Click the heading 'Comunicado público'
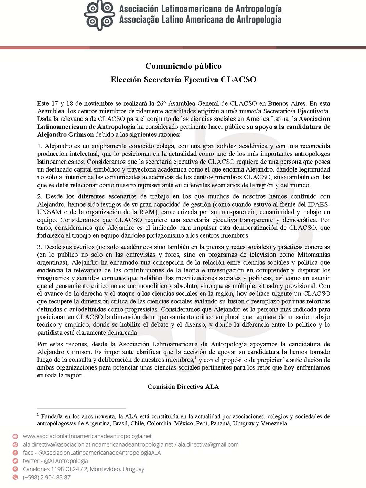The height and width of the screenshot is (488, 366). click(x=183, y=66)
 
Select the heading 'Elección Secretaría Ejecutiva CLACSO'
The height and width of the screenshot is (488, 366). click(x=183, y=80)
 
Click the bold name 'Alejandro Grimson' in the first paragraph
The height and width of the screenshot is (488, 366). click(x=65, y=135)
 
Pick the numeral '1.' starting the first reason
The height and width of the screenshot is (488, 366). click(x=40, y=146)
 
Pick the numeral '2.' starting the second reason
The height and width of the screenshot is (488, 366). click(x=40, y=196)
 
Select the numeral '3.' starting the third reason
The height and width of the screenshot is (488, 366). click(x=40, y=247)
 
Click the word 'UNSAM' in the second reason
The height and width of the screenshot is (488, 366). click(x=49, y=212)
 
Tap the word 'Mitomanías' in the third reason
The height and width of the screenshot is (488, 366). click(x=313, y=255)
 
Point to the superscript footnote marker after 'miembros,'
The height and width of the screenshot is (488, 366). click(x=195, y=357)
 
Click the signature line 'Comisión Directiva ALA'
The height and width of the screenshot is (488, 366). click(x=183, y=387)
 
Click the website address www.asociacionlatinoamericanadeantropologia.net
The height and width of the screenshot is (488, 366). click(x=87, y=436)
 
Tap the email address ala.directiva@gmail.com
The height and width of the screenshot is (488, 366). click(x=208, y=444)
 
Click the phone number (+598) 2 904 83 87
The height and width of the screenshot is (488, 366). click(x=47, y=477)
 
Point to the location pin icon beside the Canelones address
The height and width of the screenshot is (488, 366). click(x=15, y=469)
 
